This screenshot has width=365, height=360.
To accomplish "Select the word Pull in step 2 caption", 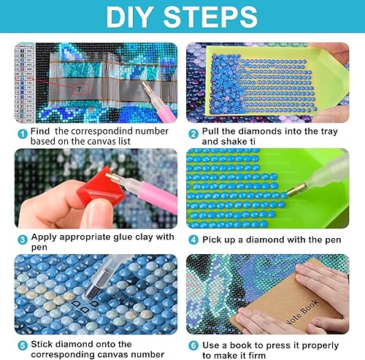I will [213, 131].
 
